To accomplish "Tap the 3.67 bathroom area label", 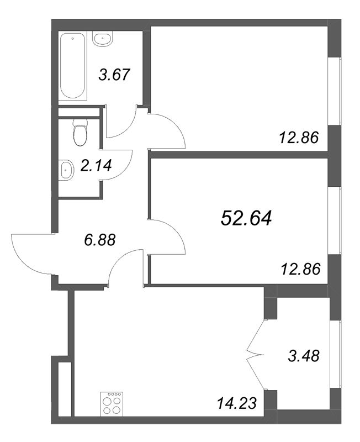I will pos(114,75).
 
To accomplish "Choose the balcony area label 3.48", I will pos(304,354).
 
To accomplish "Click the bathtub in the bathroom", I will pos(72,65).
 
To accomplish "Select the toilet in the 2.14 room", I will pos(80,131).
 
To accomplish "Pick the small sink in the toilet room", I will pos(66,170).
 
